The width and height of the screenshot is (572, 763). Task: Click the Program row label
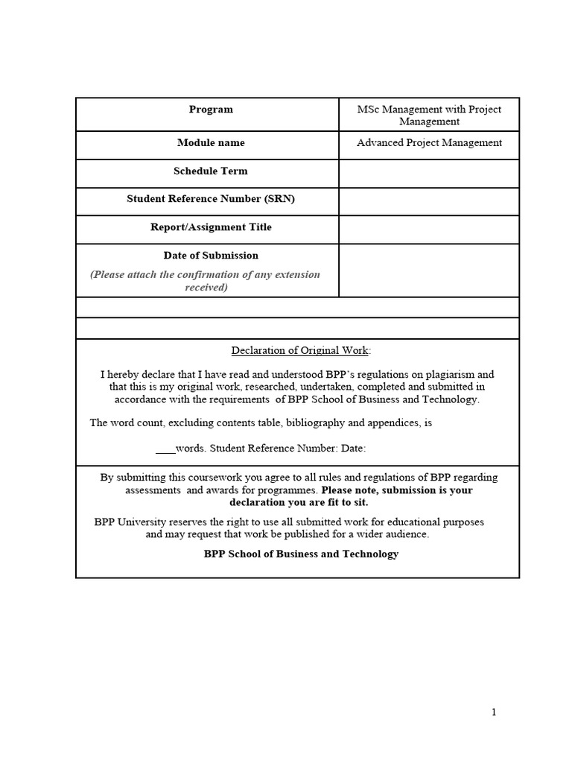(x=211, y=110)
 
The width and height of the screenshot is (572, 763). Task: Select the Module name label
(x=211, y=143)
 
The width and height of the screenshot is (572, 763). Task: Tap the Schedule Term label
(x=211, y=171)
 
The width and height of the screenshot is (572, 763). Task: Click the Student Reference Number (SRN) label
(x=206, y=199)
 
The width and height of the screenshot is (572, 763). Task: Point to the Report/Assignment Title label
(x=211, y=227)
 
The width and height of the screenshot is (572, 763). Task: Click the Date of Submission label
(x=211, y=256)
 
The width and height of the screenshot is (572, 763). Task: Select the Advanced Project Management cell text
(x=429, y=143)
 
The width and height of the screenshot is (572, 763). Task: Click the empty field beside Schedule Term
(x=429, y=174)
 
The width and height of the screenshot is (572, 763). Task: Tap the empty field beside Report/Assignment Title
(x=429, y=229)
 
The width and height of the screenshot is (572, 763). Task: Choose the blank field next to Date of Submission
(x=429, y=270)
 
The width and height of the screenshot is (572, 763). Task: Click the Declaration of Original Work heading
(x=300, y=351)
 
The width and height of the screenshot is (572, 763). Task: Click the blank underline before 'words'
(x=165, y=449)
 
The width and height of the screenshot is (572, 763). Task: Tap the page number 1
(x=494, y=713)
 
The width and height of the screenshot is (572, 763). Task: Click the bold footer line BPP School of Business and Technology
(x=301, y=554)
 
